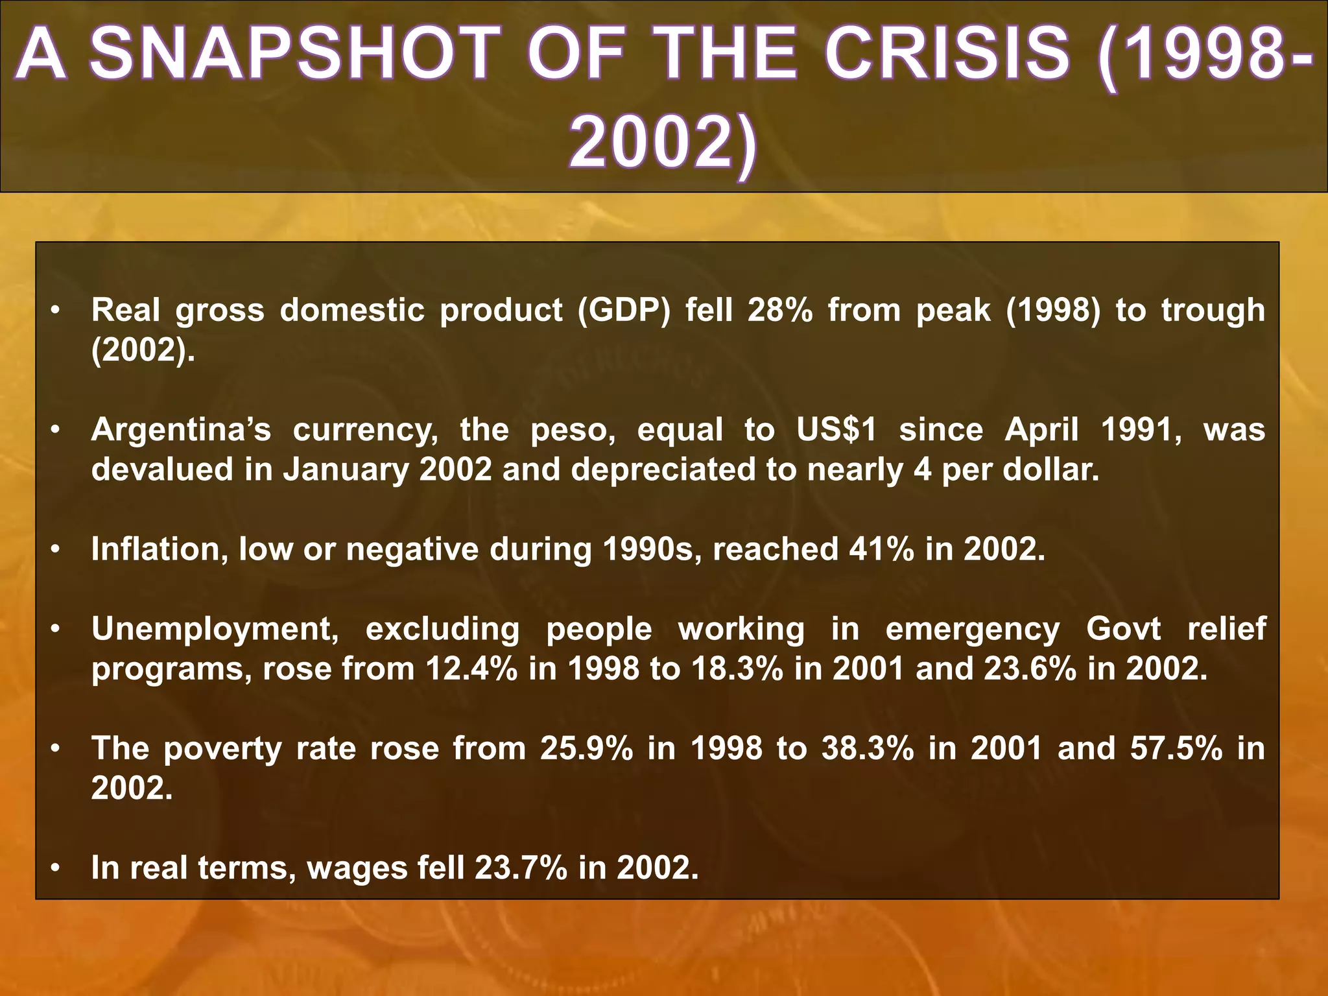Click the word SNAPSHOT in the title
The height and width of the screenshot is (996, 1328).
(290, 54)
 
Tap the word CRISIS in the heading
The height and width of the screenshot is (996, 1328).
(947, 54)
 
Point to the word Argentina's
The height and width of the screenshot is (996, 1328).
(181, 430)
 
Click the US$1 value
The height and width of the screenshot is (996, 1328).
(836, 430)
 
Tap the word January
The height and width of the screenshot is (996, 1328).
(346, 470)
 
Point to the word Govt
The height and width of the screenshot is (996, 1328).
(1124, 630)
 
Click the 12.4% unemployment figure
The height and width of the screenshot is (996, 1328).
(471, 669)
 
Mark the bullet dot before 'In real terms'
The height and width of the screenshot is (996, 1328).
(56, 868)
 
